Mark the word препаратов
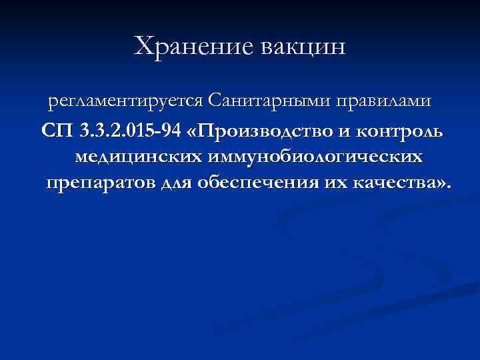coord(101,183)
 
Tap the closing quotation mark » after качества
coord(440,184)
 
